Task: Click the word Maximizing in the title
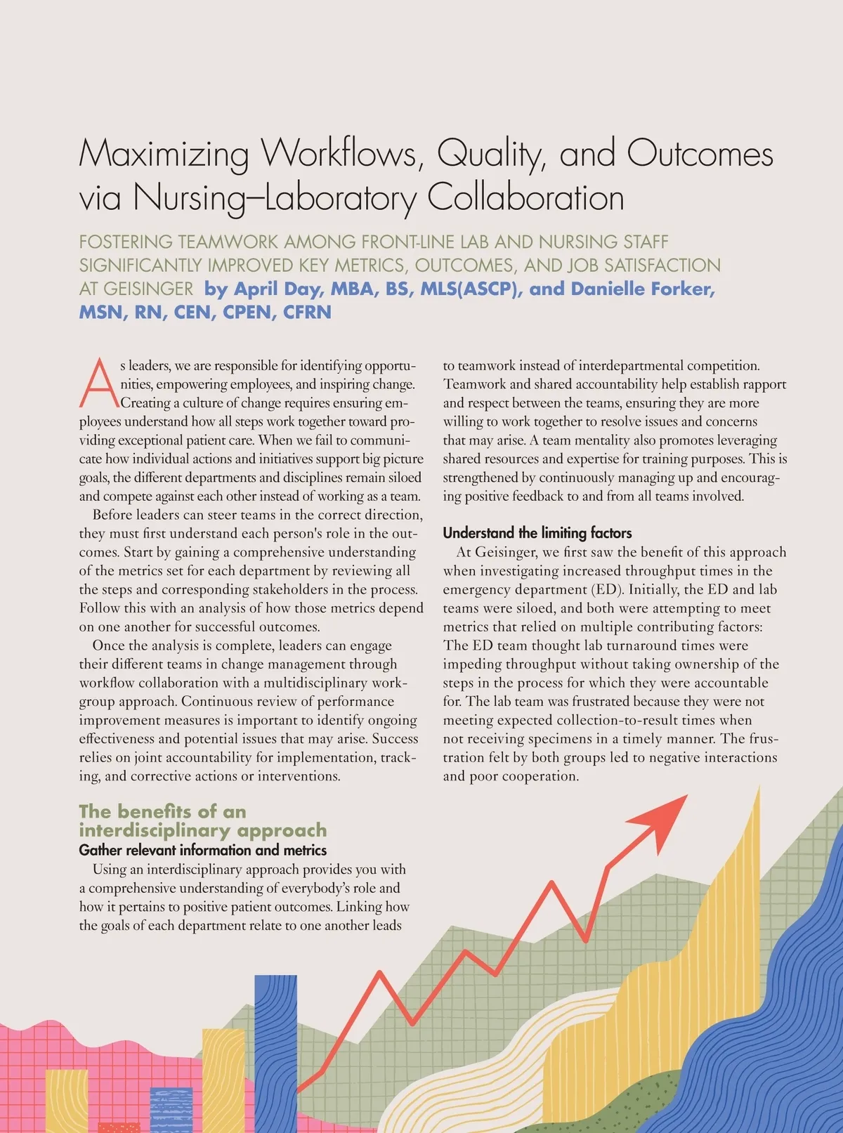point(164,155)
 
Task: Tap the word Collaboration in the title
point(525,197)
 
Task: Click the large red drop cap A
point(99,384)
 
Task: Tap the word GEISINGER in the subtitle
point(148,289)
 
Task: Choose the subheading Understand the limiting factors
point(537,532)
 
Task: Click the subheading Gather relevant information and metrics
point(202,850)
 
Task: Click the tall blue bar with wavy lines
point(275,1054)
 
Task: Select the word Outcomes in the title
point(700,155)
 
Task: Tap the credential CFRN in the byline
point(307,312)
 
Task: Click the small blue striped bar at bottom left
point(171,1110)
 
